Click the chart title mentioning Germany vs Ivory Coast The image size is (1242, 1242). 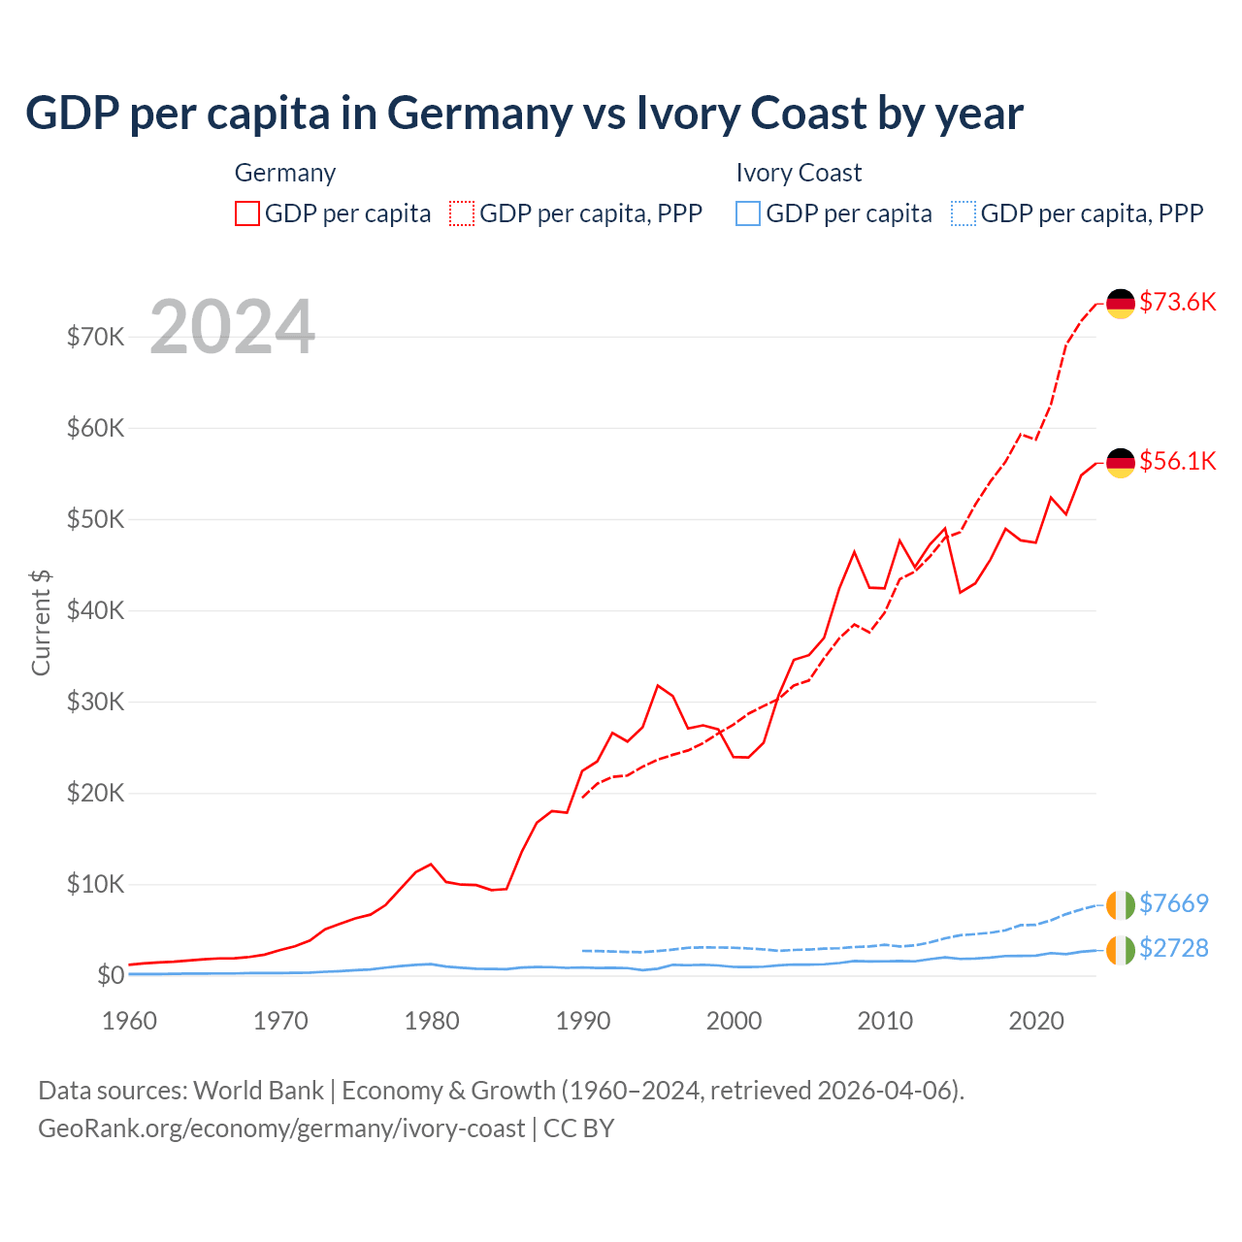coord(524,114)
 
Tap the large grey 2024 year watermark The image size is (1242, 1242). coord(232,327)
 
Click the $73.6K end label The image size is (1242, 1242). coord(1177,302)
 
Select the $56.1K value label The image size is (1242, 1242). coord(1177,461)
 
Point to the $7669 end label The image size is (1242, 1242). coord(1173,903)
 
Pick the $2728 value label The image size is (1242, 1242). coord(1173,948)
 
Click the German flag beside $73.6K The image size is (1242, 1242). coord(1121,304)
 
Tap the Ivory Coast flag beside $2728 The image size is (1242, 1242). coord(1121,950)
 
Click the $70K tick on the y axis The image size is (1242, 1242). coord(95,337)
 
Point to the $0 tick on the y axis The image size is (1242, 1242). coord(111,975)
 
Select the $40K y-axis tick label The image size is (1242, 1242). coord(95,610)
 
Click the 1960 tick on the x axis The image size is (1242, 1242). coord(129,1021)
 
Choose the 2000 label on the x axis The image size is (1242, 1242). coord(734,1021)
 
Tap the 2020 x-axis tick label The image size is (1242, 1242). coord(1036,1021)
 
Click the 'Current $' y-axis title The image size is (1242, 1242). coord(41,623)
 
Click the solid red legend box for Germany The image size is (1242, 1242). coord(247,213)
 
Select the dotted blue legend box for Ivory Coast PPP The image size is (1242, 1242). coord(964,213)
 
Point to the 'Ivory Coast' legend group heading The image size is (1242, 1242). coord(799,173)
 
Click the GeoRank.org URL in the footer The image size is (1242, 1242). coord(281,1128)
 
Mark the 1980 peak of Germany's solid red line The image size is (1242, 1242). coord(431,864)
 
